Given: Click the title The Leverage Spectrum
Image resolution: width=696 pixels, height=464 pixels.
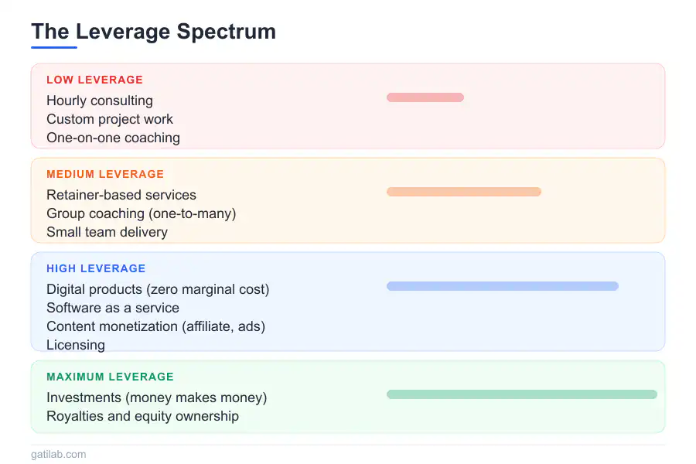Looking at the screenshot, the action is [x=154, y=32].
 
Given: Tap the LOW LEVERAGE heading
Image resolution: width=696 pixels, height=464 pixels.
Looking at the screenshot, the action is [x=95, y=80].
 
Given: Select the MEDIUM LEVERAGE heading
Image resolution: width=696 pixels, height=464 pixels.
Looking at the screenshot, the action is [x=105, y=174].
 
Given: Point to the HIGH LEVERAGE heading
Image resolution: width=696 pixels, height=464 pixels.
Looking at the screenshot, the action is [x=96, y=268].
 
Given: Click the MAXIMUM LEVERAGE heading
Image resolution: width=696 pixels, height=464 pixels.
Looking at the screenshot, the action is [x=110, y=377].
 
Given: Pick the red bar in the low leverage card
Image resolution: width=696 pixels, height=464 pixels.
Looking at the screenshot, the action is [x=425, y=97].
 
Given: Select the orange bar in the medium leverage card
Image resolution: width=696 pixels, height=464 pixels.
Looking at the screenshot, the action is [x=464, y=192].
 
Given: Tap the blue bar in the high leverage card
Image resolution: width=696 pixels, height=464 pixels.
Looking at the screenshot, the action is [x=503, y=286].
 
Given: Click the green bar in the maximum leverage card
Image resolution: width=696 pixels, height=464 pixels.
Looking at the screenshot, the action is [x=522, y=394].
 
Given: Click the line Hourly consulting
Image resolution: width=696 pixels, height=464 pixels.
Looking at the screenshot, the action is [x=100, y=101].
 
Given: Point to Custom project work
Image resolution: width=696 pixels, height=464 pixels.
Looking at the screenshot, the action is [x=110, y=119].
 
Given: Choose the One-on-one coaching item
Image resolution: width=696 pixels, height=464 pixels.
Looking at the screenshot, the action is [x=113, y=138].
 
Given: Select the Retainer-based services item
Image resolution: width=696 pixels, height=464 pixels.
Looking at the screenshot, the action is [x=121, y=195].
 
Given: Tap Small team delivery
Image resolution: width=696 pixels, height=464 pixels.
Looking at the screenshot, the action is [x=107, y=232].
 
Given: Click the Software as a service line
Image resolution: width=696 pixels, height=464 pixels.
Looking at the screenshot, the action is [x=113, y=308].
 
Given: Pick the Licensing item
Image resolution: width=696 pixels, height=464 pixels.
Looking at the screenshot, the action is [x=76, y=346].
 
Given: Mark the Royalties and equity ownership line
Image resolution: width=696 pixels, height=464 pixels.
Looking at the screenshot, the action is [x=142, y=417].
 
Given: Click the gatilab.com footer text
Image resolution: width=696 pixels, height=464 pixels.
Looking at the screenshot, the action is [x=59, y=454].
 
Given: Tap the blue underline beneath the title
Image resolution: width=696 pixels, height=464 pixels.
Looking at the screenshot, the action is [x=54, y=47].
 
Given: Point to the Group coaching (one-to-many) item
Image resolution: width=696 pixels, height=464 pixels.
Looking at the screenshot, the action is [x=142, y=213].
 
